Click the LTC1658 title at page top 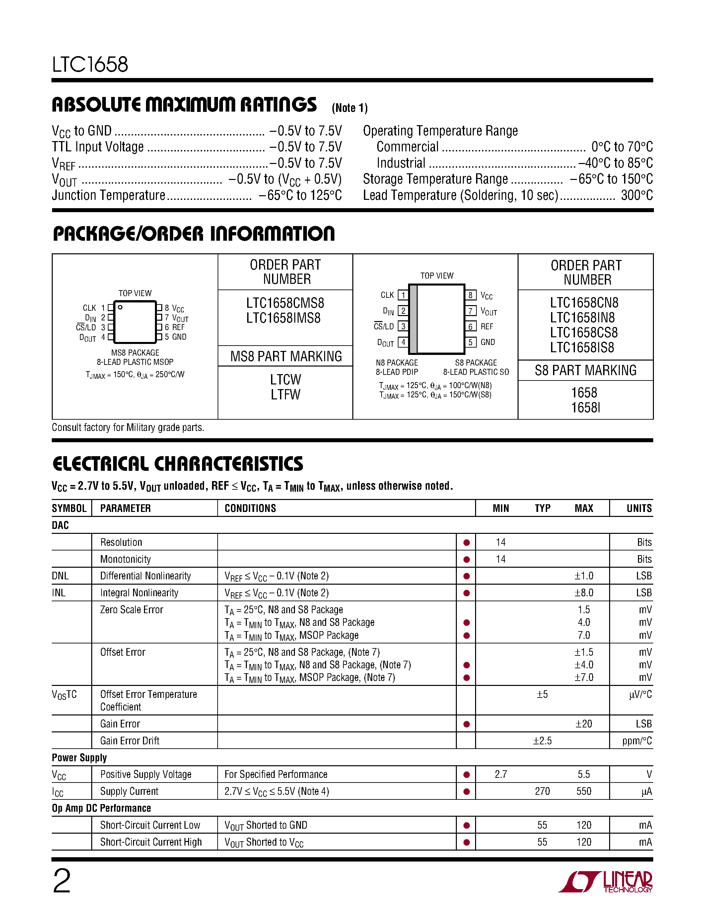point(90,65)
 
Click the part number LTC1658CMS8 point(285,303)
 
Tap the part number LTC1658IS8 point(582,347)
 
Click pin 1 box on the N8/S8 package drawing point(403,295)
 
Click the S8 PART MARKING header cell point(586,371)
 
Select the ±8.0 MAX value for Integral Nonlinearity point(584,593)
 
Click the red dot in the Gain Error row point(466,724)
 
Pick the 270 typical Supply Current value point(542,791)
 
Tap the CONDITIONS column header point(250,508)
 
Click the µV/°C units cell point(640,694)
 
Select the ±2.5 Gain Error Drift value point(542,741)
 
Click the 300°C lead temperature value point(637,195)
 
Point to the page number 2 point(62,881)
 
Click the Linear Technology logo point(605,882)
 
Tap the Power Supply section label point(79,758)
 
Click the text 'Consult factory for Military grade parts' point(128,427)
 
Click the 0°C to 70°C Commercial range point(621,147)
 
